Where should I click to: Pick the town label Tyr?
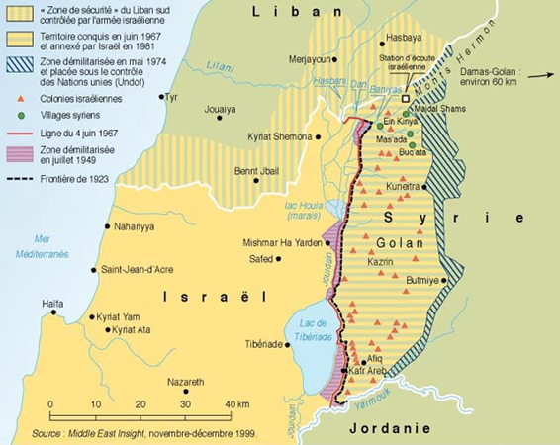click(178, 97)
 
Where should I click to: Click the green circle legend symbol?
click(17, 114)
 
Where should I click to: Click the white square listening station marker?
click(405, 99)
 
